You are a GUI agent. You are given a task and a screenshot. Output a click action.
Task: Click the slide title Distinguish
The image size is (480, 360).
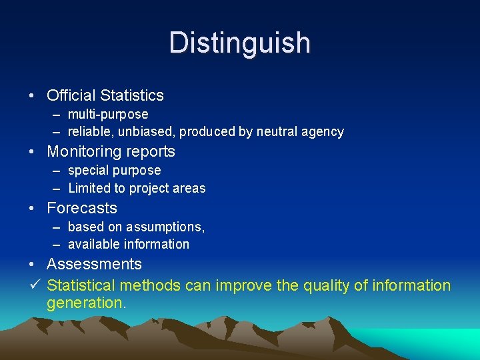240,43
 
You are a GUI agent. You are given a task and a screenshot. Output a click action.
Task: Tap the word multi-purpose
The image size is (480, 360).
108,115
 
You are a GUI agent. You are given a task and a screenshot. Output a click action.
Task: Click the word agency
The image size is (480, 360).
322,132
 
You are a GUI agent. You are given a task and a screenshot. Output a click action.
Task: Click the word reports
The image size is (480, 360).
150,152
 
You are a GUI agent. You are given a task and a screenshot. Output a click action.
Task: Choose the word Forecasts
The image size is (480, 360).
82,208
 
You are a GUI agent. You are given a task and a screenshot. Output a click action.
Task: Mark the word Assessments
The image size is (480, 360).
94,265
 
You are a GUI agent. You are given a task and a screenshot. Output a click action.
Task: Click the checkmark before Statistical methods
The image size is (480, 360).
36,285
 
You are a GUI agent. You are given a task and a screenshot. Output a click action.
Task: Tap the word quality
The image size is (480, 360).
326,286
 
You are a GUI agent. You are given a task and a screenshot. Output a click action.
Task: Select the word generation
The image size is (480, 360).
86,303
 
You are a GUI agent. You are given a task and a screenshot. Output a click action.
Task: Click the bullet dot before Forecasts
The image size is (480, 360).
33,209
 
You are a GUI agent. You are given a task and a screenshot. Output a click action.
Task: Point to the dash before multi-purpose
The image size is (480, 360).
58,115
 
